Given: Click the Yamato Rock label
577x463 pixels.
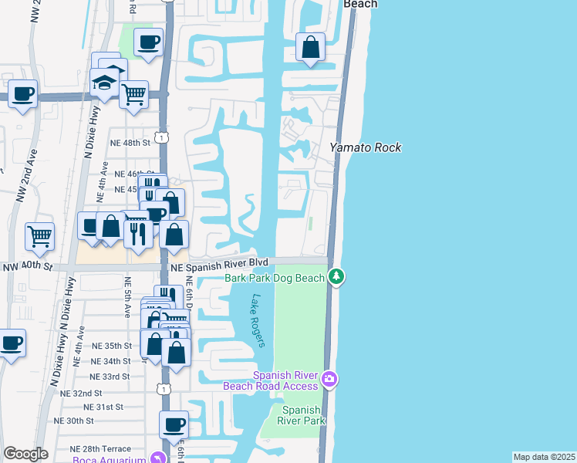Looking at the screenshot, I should (366, 147).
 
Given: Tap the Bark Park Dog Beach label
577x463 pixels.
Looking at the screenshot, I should (274, 277).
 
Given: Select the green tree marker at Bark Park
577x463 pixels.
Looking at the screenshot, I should (336, 276).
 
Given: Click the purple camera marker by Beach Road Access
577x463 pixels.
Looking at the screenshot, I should (330, 379).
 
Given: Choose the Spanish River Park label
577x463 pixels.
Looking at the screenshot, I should (301, 415).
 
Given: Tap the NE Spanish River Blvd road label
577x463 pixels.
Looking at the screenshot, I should (220, 263).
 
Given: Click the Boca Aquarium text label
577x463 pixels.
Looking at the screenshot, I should (110, 460).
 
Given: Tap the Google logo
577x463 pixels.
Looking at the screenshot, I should (25, 454).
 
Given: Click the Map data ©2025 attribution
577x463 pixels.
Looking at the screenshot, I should (544, 457).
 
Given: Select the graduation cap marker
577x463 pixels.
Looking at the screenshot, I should (104, 83).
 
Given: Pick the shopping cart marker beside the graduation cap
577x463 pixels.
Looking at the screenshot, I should (134, 95).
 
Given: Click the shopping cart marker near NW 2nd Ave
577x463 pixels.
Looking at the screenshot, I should (40, 236).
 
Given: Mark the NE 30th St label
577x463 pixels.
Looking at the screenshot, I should (74, 421).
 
